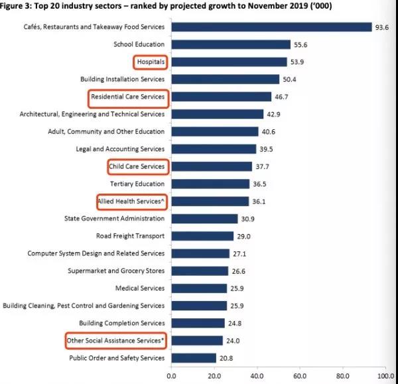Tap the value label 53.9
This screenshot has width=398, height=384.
click(x=298, y=62)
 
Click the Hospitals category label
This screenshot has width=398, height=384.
click(x=150, y=62)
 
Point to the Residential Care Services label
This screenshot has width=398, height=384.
click(x=128, y=97)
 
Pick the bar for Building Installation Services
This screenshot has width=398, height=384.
click(x=225, y=79)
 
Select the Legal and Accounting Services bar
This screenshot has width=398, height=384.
click(x=213, y=149)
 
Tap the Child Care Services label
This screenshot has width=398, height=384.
click(x=137, y=166)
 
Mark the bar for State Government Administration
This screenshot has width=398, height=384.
click(x=204, y=218)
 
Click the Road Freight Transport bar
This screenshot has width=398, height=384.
click(x=202, y=235)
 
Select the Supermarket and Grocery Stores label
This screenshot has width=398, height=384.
click(x=116, y=271)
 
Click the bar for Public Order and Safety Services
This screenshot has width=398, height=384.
click(x=193, y=358)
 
